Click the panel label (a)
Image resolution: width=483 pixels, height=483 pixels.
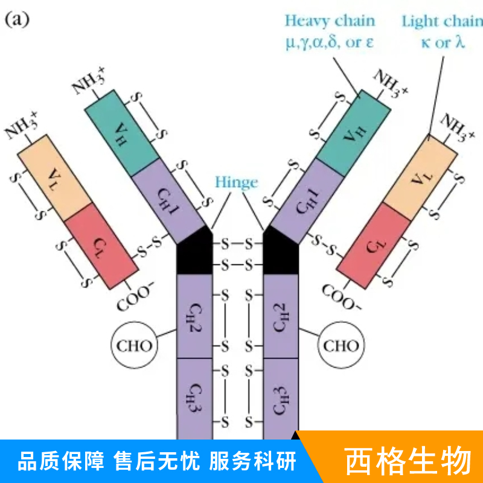[x=17, y=19]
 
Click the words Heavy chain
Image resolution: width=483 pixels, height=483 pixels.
[x=330, y=21]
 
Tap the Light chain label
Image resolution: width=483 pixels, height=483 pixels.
[x=442, y=22]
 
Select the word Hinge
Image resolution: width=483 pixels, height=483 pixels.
[x=236, y=182]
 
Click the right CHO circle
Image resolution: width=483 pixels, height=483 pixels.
[x=341, y=346]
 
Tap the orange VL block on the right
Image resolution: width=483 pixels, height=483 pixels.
[x=420, y=177]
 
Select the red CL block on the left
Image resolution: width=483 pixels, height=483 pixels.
[x=100, y=245]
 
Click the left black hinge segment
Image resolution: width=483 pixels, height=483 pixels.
[x=194, y=254]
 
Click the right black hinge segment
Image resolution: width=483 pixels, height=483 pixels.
[x=281, y=254]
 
